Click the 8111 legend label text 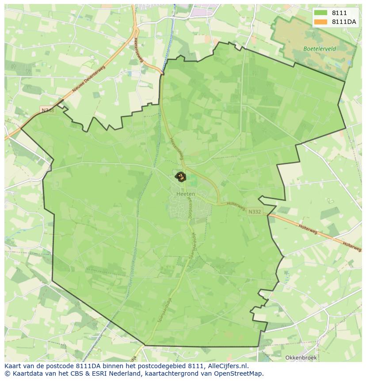[x=339, y=13]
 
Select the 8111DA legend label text [x=344, y=22]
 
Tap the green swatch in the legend [x=321, y=13]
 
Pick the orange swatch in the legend [x=321, y=22]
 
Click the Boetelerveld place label [x=320, y=49]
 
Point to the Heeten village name [x=185, y=194]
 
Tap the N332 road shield [x=254, y=212]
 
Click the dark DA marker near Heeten [x=180, y=177]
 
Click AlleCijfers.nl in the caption [x=226, y=366]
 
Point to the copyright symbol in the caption [x=7, y=373]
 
